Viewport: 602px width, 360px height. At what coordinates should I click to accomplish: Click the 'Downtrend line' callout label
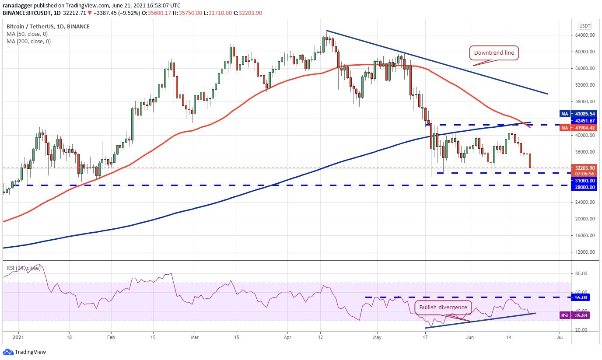coord(494,52)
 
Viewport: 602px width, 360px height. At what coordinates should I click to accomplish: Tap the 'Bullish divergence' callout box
coord(443,308)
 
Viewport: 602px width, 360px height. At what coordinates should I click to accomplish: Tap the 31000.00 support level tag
coord(584,181)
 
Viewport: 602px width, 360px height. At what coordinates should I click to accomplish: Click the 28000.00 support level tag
coord(584,187)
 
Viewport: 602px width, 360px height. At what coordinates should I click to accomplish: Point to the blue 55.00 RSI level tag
coord(581,297)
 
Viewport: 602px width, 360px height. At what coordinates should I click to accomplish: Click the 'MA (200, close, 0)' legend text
coord(29,42)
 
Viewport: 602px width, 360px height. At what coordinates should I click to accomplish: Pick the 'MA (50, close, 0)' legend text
coord(27,34)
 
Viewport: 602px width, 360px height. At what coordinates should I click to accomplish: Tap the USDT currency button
coord(585,26)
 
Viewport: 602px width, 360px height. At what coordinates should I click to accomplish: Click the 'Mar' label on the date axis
coord(195,337)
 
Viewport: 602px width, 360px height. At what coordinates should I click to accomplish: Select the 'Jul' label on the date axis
coord(560,337)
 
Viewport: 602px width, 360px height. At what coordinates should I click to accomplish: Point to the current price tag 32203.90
coord(584,168)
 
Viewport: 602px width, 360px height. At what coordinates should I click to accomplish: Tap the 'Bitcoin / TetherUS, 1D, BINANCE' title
coord(48,26)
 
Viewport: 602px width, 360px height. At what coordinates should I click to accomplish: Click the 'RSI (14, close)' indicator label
coord(24,268)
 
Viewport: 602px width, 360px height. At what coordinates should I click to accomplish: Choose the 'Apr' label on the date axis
coord(287,337)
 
